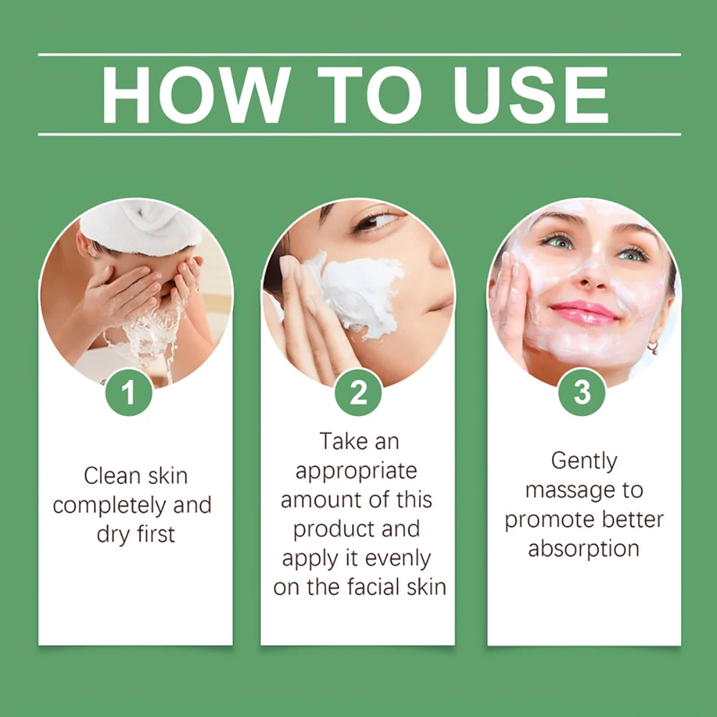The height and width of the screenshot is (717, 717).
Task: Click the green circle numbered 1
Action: tap(129, 392)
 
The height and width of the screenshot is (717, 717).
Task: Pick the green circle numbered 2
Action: tap(358, 392)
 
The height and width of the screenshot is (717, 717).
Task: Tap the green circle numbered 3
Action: tap(582, 392)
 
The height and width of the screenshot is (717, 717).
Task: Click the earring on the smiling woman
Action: tap(652, 347)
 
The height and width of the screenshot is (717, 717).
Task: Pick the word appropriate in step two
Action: tap(356, 471)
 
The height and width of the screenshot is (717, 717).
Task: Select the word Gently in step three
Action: tap(584, 461)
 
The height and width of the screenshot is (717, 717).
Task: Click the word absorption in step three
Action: tap(584, 549)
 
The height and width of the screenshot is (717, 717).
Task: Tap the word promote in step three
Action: tap(549, 520)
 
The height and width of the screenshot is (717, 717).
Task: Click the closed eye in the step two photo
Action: tap(374, 222)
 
